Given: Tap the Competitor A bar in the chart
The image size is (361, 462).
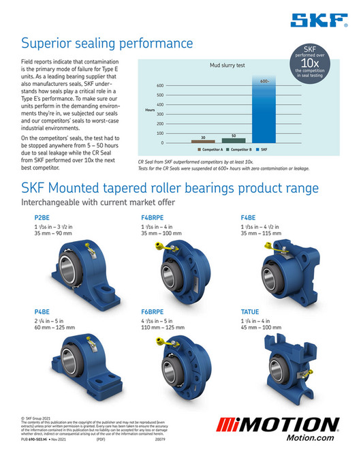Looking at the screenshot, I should [x=202, y=140].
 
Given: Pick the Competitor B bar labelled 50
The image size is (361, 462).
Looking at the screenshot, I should [x=234, y=139].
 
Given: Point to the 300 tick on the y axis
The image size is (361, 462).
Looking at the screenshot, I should [x=161, y=114].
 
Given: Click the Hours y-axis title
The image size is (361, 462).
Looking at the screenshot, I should [x=150, y=109].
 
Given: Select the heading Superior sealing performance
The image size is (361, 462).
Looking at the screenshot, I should [x=107, y=44].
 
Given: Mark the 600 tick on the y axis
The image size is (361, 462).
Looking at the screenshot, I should [x=161, y=86].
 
